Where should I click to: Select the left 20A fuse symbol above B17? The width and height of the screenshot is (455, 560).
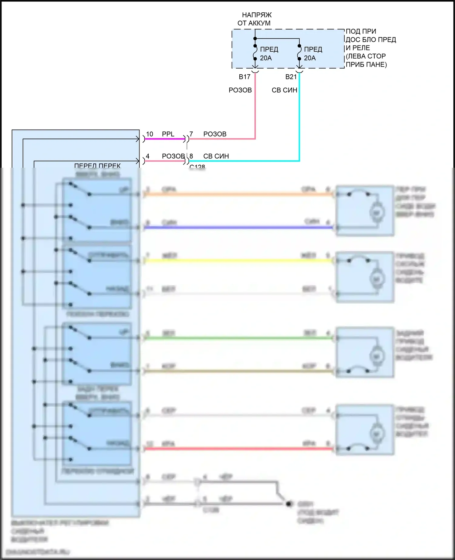pyautogui.click(x=255, y=52)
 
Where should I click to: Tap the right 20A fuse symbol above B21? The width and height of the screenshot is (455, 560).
pyautogui.click(x=299, y=52)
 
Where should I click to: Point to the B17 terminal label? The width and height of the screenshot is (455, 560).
pyautogui.click(x=244, y=77)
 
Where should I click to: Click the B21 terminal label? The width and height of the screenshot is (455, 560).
pyautogui.click(x=291, y=77)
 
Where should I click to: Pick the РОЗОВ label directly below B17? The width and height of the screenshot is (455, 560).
pyautogui.click(x=240, y=90)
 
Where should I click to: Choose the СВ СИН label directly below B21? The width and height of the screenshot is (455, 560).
pyautogui.click(x=284, y=90)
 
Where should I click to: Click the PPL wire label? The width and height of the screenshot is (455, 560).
pyautogui.click(x=168, y=134)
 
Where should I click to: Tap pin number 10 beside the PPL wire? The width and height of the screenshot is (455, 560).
pyautogui.click(x=150, y=134)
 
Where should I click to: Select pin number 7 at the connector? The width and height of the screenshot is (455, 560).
pyautogui.click(x=191, y=134)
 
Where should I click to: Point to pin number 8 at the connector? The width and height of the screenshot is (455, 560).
pyautogui.click(x=191, y=156)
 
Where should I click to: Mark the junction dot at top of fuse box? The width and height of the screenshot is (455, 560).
pyautogui.click(x=255, y=39)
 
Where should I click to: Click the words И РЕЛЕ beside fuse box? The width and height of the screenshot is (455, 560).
pyautogui.click(x=358, y=48)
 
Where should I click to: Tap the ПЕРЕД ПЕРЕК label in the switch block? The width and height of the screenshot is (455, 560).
pyautogui.click(x=97, y=166)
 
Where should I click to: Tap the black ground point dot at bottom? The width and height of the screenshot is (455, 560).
pyautogui.click(x=289, y=504)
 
